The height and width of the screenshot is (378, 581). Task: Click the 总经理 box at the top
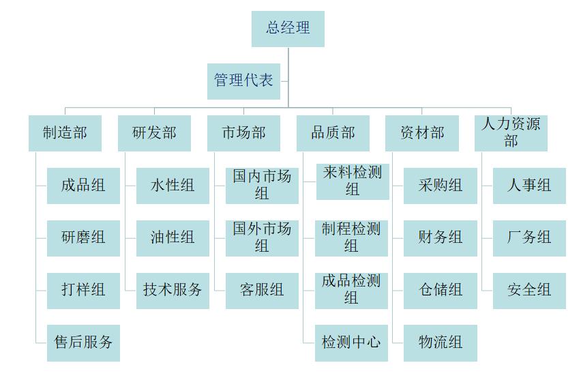[x=288, y=29]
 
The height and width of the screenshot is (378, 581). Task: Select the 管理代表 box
[x=243, y=81]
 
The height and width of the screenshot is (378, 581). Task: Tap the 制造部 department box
[x=65, y=133]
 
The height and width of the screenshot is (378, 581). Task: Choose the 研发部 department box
[x=154, y=133]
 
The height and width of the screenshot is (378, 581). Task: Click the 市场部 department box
[x=243, y=133]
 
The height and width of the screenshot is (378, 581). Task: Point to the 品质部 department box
[x=333, y=133]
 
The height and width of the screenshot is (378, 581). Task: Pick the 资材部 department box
[x=422, y=133]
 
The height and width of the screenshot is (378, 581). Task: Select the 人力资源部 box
[x=511, y=133]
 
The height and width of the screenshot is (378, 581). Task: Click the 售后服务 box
[x=83, y=343]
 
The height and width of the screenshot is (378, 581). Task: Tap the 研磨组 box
[x=83, y=238]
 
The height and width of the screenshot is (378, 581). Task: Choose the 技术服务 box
[x=173, y=290]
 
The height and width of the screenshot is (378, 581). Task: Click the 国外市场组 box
[x=262, y=238]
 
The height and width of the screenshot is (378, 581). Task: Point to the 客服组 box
[x=262, y=290]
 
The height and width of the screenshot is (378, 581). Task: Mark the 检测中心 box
[x=351, y=343]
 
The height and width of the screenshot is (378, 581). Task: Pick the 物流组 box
[x=441, y=343]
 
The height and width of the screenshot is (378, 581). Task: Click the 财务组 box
[x=441, y=238]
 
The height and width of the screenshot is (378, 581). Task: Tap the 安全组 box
[x=529, y=290]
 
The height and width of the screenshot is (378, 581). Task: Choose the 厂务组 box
[x=529, y=238]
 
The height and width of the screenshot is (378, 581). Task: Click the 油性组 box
[x=173, y=238]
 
